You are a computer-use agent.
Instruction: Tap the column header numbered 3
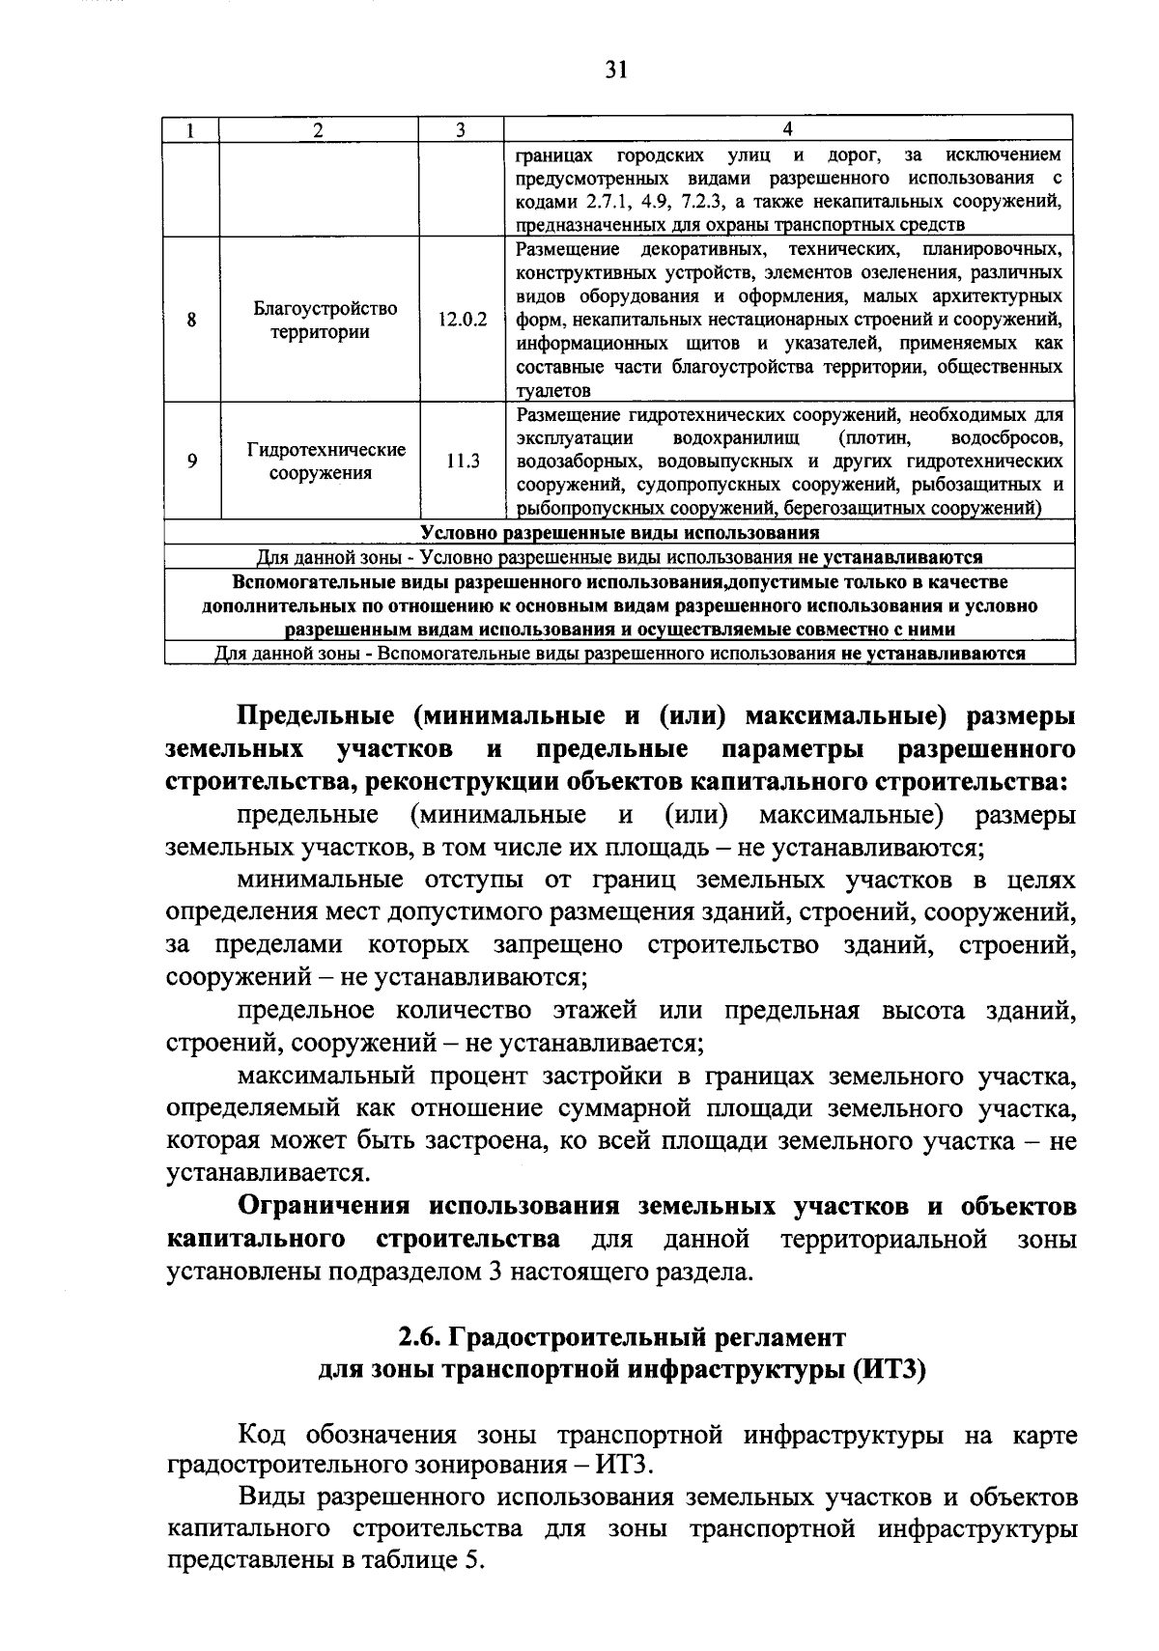pyautogui.click(x=460, y=130)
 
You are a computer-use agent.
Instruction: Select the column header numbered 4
pyautogui.click(x=787, y=130)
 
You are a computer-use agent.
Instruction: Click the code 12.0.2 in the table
pyautogui.click(x=463, y=320)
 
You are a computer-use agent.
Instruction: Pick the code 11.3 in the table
pyautogui.click(x=463, y=462)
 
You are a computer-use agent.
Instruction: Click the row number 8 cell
pyautogui.click(x=192, y=320)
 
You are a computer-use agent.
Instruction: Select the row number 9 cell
pyautogui.click(x=192, y=462)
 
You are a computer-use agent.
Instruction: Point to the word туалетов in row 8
pyautogui.click(x=552, y=391)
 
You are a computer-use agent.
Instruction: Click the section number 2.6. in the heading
pyautogui.click(x=421, y=1338)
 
